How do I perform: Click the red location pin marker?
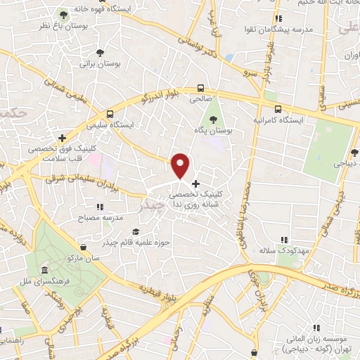181,165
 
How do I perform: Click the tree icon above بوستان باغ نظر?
64,14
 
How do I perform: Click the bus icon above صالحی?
202,88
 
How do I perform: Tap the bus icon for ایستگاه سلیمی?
109,114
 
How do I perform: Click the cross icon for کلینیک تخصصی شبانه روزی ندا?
195,184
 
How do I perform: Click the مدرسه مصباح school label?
99,218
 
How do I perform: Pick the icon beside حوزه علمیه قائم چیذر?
136,232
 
